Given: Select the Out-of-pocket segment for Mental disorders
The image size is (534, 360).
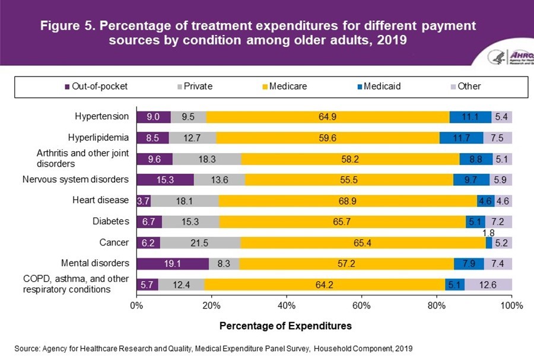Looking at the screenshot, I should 173,263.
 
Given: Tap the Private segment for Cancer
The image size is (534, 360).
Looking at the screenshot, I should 201,243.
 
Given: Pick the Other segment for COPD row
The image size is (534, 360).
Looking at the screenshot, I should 488,285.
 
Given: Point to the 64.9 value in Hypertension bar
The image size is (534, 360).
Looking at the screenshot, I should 327,117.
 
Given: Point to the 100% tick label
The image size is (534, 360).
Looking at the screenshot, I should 510,305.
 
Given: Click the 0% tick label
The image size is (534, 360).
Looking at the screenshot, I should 136,305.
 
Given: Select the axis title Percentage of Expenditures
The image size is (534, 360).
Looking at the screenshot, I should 285,326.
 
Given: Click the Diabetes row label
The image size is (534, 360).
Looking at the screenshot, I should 110,221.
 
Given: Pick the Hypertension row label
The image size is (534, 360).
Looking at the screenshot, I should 101,116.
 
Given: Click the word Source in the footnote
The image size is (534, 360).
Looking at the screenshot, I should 27,348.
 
